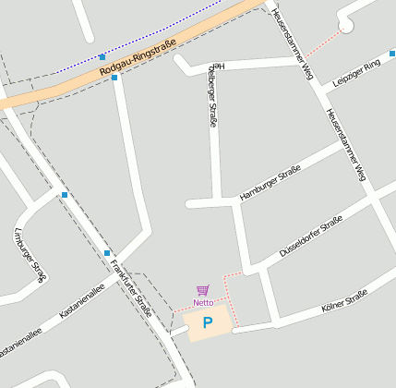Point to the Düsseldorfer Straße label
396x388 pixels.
point(310,237)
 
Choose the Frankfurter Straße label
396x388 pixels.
point(130,287)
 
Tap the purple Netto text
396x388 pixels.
point(203,302)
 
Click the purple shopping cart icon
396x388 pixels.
point(202,290)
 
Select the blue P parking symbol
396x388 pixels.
point(208,323)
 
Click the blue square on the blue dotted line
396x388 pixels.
point(102,57)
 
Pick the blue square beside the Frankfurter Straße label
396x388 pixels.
point(107,252)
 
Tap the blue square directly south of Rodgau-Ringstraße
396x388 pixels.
point(114,79)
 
